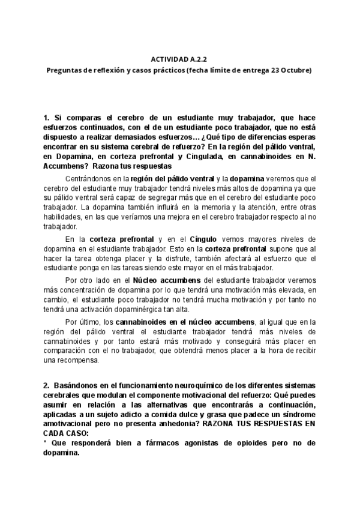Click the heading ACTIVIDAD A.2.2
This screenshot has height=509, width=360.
(179, 60)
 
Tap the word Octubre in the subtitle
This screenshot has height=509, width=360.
(296, 70)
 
